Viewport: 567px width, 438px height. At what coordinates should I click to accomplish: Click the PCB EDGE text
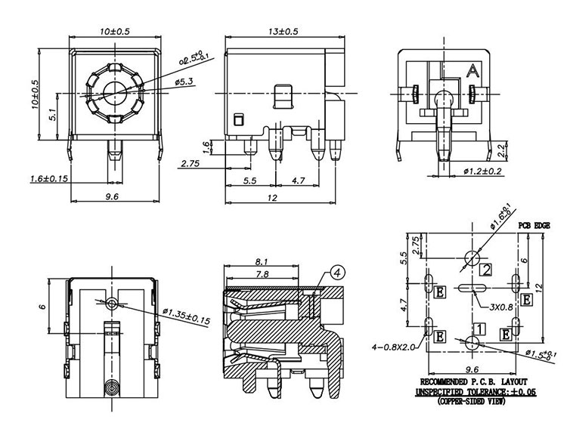(533, 226)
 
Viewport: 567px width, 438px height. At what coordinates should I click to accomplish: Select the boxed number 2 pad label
(486, 270)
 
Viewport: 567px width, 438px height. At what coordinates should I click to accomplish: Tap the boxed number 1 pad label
(479, 328)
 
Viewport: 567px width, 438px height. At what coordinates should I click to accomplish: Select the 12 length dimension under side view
(273, 198)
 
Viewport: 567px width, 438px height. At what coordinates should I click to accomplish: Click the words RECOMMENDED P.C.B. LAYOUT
(472, 382)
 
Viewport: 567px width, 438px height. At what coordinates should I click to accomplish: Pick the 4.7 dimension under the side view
(298, 181)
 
